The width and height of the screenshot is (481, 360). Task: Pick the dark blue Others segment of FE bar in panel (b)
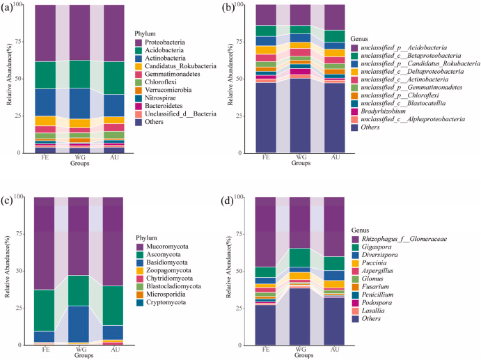[x=266, y=118]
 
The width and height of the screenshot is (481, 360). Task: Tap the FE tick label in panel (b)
[x=266, y=158]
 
